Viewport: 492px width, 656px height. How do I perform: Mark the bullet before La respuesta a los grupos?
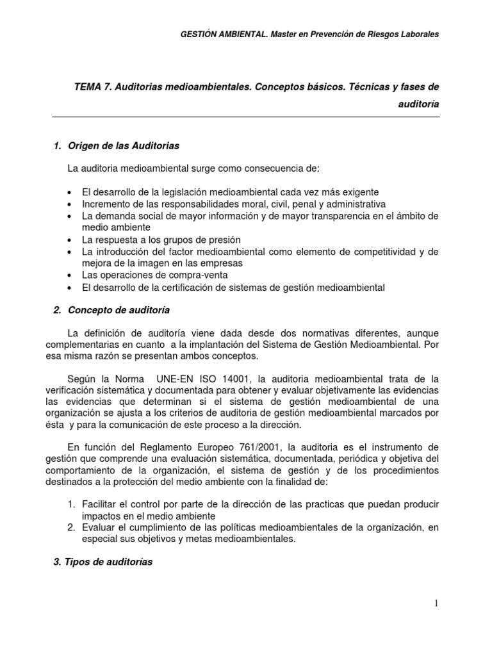click(69, 240)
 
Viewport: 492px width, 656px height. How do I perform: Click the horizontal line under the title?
click(245, 117)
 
